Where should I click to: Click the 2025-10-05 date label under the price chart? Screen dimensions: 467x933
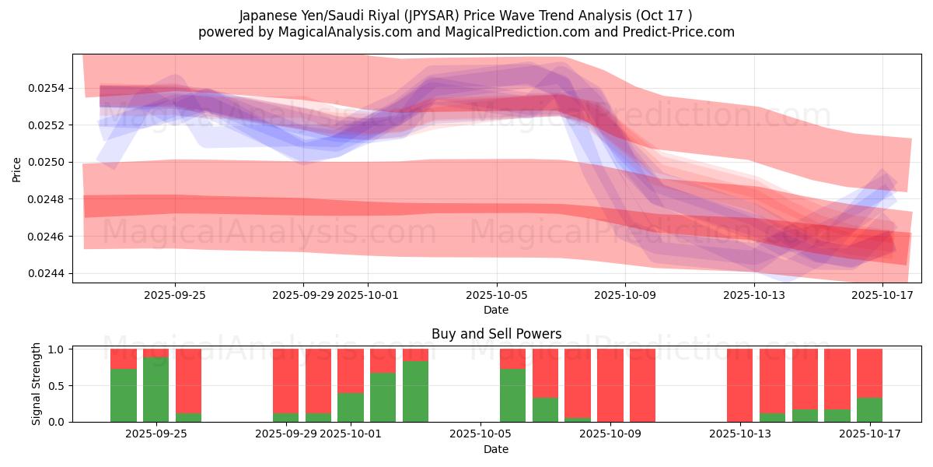click(496, 295)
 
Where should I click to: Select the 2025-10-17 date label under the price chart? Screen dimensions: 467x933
click(882, 295)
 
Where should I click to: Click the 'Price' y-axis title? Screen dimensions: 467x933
click(17, 169)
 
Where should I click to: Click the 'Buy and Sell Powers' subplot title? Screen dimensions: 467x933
click(496, 334)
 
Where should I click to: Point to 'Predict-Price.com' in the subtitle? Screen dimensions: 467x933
click(675, 32)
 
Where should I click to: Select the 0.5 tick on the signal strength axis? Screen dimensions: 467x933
click(57, 385)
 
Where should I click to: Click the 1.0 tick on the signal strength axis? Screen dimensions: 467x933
click(57, 349)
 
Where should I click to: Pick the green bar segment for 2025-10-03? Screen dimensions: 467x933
click(415, 392)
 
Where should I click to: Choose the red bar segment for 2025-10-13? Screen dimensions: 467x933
click(740, 385)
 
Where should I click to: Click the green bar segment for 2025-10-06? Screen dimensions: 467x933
click(512, 395)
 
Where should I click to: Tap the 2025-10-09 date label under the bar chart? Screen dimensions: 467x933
click(610, 434)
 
